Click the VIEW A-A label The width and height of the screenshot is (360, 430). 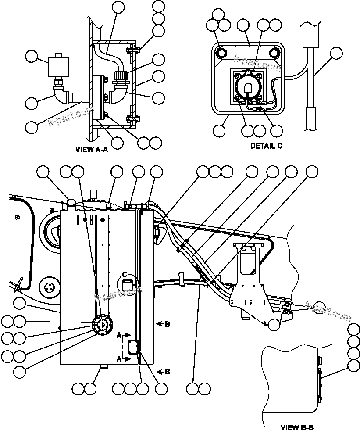pos(92,149)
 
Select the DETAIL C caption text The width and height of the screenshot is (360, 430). pos(266,146)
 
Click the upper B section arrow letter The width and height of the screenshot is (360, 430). pos(167,324)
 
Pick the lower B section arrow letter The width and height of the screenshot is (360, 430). pos(167,372)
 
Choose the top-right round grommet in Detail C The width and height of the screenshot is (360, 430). pos(275,53)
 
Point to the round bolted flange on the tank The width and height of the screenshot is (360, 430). pos(102,325)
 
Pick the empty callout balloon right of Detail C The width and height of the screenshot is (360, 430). pos(336,54)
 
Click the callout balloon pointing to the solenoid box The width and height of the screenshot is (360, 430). pos(32,57)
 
